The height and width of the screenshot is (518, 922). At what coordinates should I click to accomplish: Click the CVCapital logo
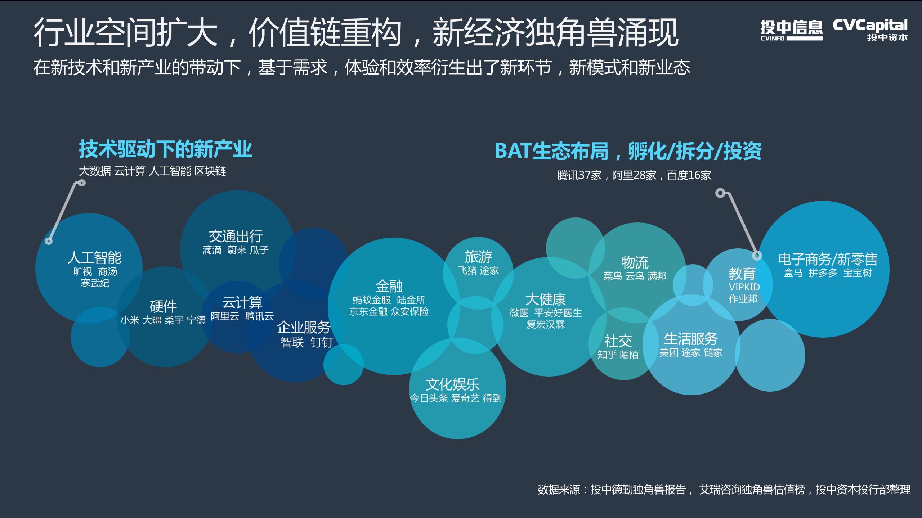coord(870,30)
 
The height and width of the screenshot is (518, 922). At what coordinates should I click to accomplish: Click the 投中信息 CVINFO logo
coord(791,30)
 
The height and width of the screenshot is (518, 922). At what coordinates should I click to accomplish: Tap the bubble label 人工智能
coord(94,258)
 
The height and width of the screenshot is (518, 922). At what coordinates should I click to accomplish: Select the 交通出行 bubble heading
coord(236,237)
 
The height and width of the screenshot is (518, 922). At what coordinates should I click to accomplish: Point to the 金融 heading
coord(389,286)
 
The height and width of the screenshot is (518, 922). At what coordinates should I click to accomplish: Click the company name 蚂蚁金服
coord(372,300)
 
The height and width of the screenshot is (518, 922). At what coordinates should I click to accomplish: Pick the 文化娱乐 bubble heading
coord(453,384)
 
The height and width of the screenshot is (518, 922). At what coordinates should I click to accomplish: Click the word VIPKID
coord(744,287)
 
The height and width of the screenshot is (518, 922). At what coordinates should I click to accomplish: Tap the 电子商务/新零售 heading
coord(828,259)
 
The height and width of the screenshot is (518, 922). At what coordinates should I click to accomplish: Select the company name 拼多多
coord(823,273)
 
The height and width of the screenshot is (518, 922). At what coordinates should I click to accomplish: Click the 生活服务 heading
coord(691,339)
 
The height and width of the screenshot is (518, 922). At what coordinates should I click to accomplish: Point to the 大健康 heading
coord(546,299)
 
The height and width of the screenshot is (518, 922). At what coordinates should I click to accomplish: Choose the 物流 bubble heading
coord(635,262)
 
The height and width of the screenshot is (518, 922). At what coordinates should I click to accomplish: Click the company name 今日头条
coord(429,398)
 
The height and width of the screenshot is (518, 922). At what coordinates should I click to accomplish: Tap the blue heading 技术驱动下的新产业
coord(165,149)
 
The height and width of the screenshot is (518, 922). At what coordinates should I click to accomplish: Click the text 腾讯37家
coord(579,175)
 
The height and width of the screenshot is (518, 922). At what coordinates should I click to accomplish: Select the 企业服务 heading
coord(304,327)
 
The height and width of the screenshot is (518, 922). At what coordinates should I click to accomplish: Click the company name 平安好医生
coord(558,313)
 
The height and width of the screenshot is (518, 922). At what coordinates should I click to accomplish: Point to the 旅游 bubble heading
coord(478,257)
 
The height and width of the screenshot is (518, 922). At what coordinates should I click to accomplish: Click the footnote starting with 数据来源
coord(724,490)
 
